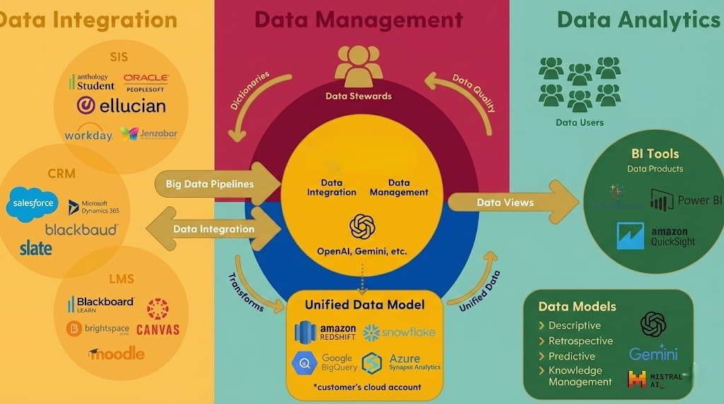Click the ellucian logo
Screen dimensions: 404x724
(x=121, y=106)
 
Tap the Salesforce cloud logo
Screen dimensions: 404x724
(x=32, y=204)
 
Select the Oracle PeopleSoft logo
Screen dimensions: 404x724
(x=146, y=82)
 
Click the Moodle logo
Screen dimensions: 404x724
(x=117, y=353)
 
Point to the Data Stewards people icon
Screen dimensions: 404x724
(x=358, y=66)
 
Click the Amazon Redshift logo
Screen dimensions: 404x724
(x=325, y=332)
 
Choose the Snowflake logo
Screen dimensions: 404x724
(x=399, y=332)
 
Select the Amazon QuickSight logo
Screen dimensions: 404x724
(x=655, y=236)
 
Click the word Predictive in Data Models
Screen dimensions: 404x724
(x=571, y=356)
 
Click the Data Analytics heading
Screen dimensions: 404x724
(x=638, y=19)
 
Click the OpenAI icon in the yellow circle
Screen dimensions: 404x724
(x=362, y=227)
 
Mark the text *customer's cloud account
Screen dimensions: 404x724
(x=367, y=387)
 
